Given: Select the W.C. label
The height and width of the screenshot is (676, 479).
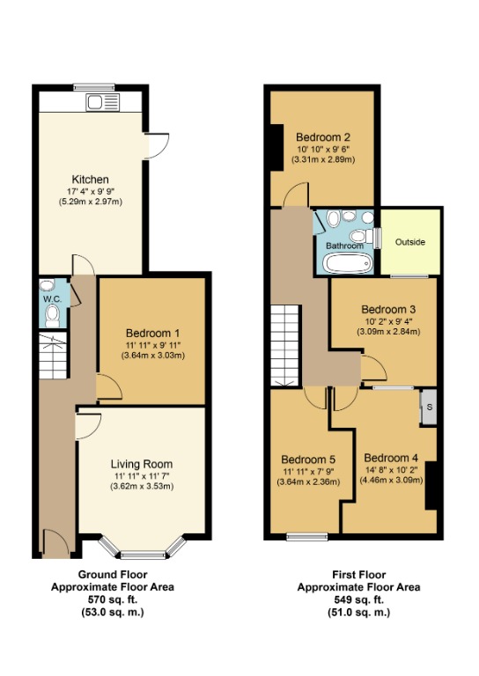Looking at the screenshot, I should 50,298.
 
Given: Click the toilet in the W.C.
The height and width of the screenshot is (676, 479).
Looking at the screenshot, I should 52,315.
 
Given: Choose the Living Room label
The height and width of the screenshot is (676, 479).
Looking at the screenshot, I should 141,464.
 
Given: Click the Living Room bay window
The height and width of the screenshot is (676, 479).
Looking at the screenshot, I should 141,552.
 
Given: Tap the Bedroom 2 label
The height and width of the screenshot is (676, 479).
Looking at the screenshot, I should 323,137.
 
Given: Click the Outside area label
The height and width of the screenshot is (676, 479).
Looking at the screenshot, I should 410,241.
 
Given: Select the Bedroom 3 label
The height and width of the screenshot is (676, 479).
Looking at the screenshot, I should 388,310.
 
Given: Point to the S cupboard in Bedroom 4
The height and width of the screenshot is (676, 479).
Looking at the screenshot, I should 429,408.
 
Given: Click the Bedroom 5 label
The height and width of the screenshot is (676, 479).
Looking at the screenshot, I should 308,459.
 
